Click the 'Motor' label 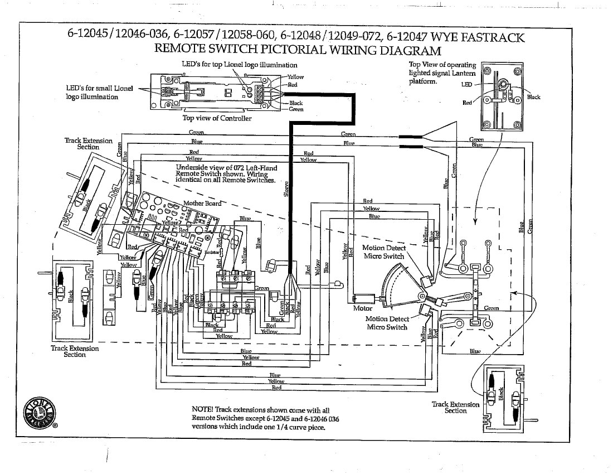pos(363,308)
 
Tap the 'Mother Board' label pos(202,203)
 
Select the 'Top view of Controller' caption pos(217,118)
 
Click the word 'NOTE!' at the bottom pos(202,409)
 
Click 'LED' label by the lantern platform pos(466,84)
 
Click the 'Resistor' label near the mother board pos(212,252)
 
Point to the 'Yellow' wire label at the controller pos(295,77)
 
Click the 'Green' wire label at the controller pos(296,109)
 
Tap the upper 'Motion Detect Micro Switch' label pos(384,251)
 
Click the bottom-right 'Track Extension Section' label pos(455,408)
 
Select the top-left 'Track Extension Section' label pos(88,144)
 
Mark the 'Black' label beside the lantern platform pos(533,97)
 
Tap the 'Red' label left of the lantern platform pos(467,103)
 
